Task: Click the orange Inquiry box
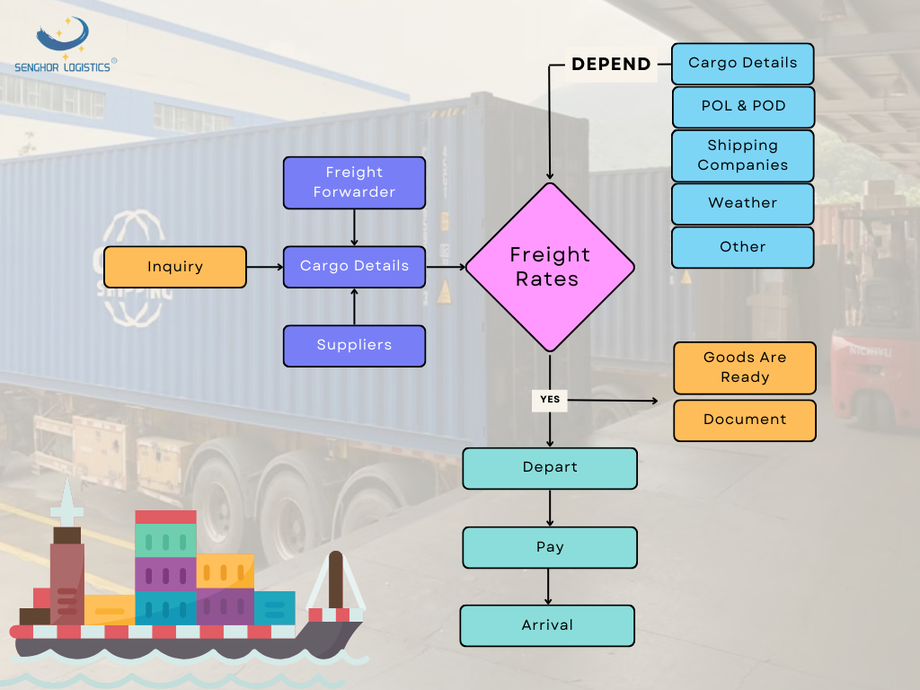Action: pos(175,267)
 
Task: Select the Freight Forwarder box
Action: pos(354,182)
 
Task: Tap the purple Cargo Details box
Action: pos(354,267)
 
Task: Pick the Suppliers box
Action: pos(354,346)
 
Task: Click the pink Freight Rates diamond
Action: pos(550,267)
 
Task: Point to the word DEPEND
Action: pos(611,65)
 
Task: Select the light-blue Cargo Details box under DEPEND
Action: pos(742,64)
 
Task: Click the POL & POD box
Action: pos(742,107)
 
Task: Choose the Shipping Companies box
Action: pos(742,155)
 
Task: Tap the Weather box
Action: pos(742,204)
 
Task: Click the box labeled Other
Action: pos(742,247)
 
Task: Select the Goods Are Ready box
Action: pos(744,367)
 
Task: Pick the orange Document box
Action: pos(744,420)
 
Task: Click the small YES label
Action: pos(549,399)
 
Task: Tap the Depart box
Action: pos(550,468)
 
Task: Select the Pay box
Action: pos(550,547)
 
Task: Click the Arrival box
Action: pos(547,625)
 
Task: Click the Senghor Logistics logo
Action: pos(63,45)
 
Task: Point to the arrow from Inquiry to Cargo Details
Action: pos(264,267)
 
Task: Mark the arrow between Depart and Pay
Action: pos(550,509)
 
